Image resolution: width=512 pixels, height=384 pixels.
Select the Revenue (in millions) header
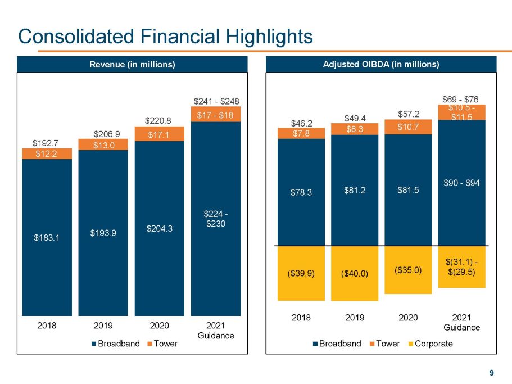[133, 65]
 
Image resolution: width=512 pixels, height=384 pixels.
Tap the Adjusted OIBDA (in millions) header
[380, 65]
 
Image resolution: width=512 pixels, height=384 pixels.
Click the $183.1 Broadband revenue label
[47, 237]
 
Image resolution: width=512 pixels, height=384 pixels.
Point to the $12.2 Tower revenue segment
[47, 154]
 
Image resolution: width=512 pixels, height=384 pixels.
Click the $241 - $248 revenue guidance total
[216, 102]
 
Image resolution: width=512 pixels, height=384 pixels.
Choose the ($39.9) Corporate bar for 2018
[301, 273]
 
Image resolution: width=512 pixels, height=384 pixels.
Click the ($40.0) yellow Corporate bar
[354, 274]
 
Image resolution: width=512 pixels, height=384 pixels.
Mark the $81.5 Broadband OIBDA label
[408, 189]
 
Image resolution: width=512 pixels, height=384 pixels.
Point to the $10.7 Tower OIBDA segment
[408, 127]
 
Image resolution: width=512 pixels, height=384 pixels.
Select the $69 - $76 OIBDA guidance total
[461, 100]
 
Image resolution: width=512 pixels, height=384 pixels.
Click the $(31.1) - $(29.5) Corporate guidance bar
[461, 267]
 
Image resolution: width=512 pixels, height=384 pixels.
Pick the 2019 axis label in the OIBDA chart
[354, 317]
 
